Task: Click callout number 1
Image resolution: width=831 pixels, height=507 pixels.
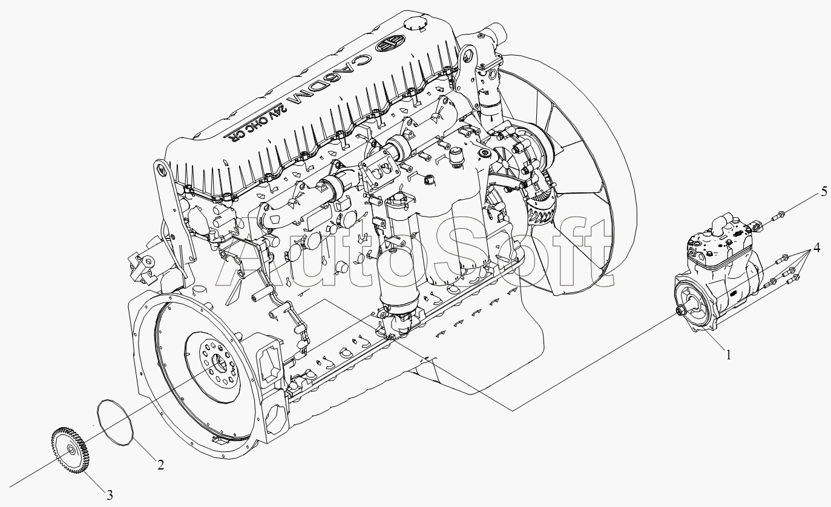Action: (x=728, y=355)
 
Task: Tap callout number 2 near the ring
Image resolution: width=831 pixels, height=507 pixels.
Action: (x=160, y=465)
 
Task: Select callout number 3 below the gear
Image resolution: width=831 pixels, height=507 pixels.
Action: (x=110, y=494)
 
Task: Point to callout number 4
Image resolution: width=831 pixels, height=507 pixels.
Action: (x=816, y=248)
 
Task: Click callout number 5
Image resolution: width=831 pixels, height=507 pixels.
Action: (x=824, y=192)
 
